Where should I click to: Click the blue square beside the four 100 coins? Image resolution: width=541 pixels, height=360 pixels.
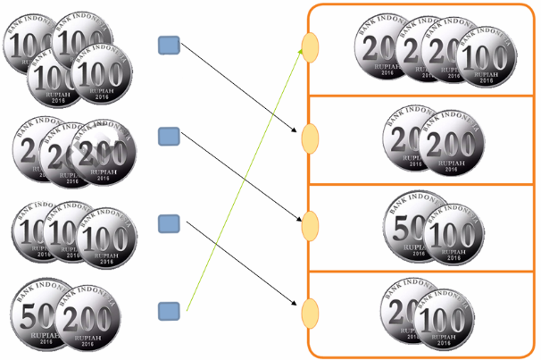point(170,45)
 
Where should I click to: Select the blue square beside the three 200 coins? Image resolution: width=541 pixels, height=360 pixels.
point(170,136)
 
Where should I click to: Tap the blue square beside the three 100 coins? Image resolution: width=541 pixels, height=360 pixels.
point(170,223)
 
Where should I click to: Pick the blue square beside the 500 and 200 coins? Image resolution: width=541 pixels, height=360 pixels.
point(170,311)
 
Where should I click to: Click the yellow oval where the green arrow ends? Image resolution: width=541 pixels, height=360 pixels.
point(310,46)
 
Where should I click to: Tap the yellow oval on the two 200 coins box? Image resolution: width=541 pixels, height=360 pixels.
point(310,138)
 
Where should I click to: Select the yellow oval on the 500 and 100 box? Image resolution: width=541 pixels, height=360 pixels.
point(310,223)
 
